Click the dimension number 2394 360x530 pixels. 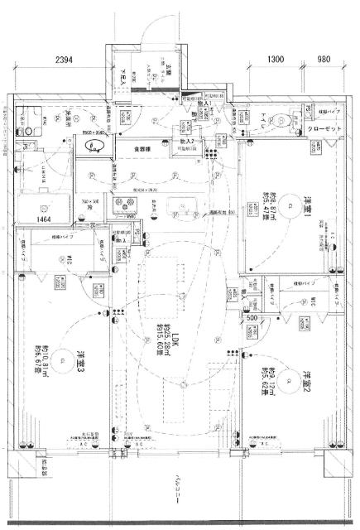pos(71,60)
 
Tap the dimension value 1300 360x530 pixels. pos(277,60)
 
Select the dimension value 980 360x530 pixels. pos(324,60)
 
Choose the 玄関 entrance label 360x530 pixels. pos(166,73)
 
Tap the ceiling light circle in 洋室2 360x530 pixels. pos(287,382)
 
